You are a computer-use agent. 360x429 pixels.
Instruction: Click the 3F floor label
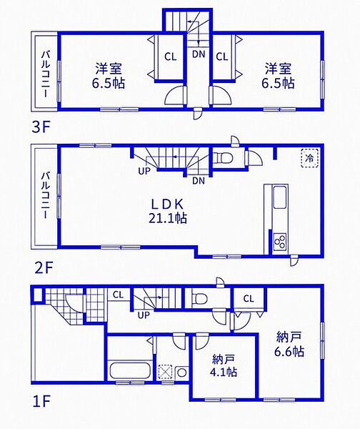pos(41,127)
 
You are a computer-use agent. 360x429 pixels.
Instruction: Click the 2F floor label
pos(43,268)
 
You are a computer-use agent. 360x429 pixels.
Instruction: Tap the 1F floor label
pos(41,402)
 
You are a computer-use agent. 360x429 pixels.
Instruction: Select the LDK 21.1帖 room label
pos(167,211)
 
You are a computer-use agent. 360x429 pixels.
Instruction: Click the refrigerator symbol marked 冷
pos(310,157)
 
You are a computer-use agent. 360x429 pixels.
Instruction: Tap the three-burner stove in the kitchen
pos(280,242)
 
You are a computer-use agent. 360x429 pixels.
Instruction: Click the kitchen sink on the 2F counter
pos(280,197)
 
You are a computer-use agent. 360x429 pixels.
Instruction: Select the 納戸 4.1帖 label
pos(224,366)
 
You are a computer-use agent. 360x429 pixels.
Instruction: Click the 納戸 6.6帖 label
pos(289,344)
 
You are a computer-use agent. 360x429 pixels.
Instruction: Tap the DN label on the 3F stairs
pos(199,54)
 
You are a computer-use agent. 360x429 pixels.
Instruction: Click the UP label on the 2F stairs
pos(144,171)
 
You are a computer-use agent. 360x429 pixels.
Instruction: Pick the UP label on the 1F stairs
pos(144,315)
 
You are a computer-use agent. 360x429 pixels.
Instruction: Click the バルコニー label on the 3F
pos(46,74)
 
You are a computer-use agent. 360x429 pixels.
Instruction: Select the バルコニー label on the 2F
pos(46,195)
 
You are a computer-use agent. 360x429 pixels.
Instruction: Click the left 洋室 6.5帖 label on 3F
pos(109,76)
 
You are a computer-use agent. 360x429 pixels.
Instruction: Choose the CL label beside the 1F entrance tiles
pos(118,295)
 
